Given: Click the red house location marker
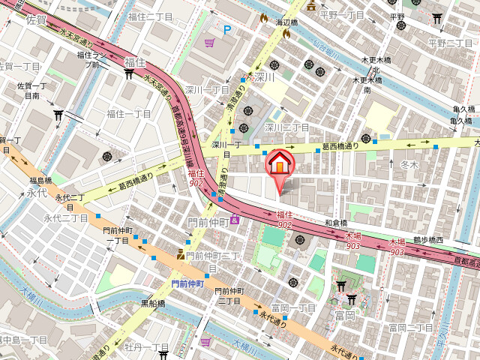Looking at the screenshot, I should [279, 163].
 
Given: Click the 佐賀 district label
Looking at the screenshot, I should [35, 20].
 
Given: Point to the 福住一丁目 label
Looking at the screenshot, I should [128, 114].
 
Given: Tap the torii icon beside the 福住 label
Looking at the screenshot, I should [128, 73].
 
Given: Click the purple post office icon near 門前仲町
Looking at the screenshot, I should [235, 219].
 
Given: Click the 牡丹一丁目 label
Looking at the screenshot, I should [146, 347].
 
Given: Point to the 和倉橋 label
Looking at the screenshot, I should [336, 223].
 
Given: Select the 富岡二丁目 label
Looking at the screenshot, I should [410, 328].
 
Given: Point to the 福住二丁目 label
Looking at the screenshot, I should [151, 15].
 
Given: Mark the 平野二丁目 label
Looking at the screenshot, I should [451, 43].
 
